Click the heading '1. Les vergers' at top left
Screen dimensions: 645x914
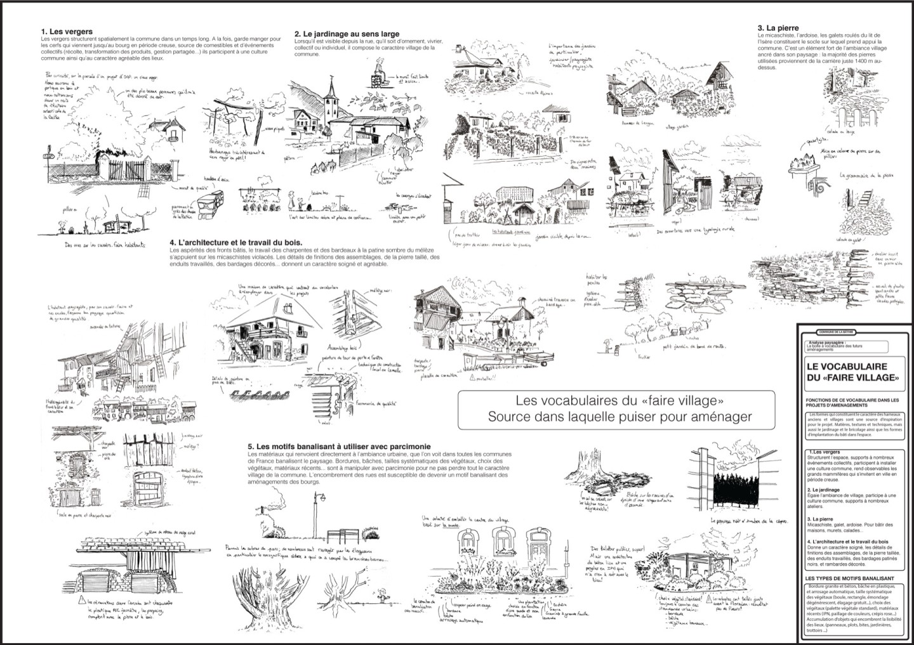(67, 31)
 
